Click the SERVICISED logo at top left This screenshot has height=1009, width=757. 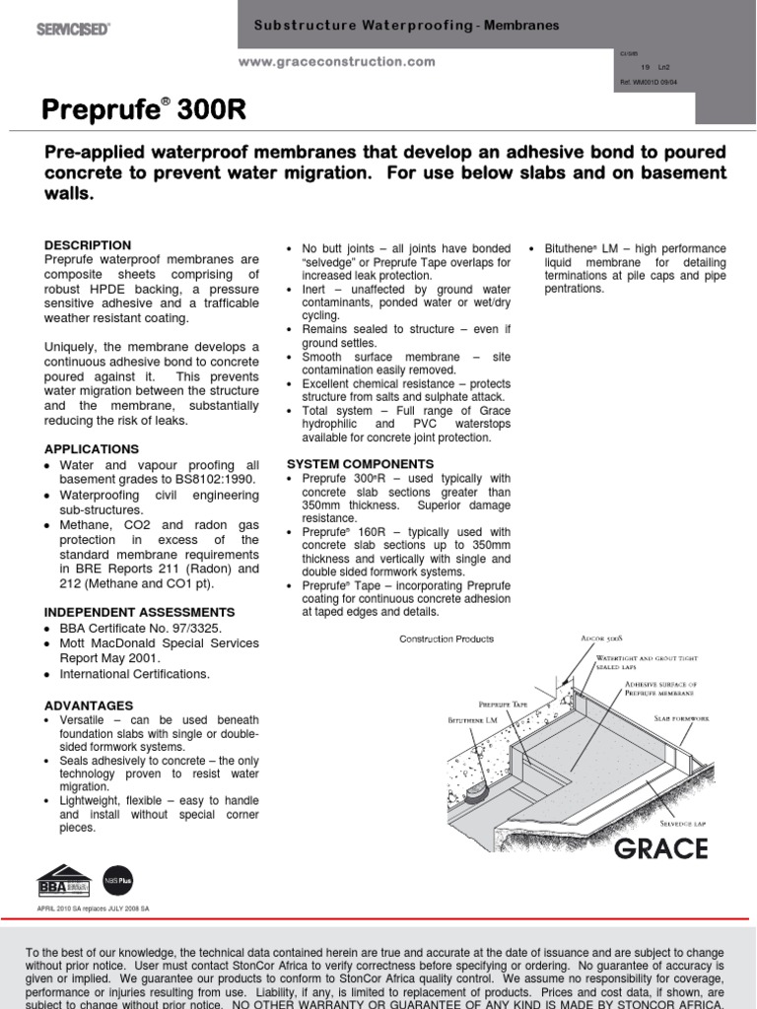[x=73, y=29]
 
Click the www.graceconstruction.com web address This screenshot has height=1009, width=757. [x=337, y=61]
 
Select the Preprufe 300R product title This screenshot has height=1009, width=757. [x=144, y=112]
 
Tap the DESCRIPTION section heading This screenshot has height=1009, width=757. [x=88, y=244]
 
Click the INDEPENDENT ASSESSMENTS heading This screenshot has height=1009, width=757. [x=139, y=612]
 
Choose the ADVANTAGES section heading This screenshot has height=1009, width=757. [x=89, y=706]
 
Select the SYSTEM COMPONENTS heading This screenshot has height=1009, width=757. [x=360, y=463]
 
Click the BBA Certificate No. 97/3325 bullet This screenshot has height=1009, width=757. [x=141, y=628]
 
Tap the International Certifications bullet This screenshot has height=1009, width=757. [x=135, y=674]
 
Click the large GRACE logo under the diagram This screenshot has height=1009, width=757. [x=660, y=848]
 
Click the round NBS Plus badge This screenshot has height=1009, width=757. [x=117, y=878]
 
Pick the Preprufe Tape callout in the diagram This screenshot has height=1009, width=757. [x=506, y=705]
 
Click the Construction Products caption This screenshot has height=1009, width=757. [x=447, y=639]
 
